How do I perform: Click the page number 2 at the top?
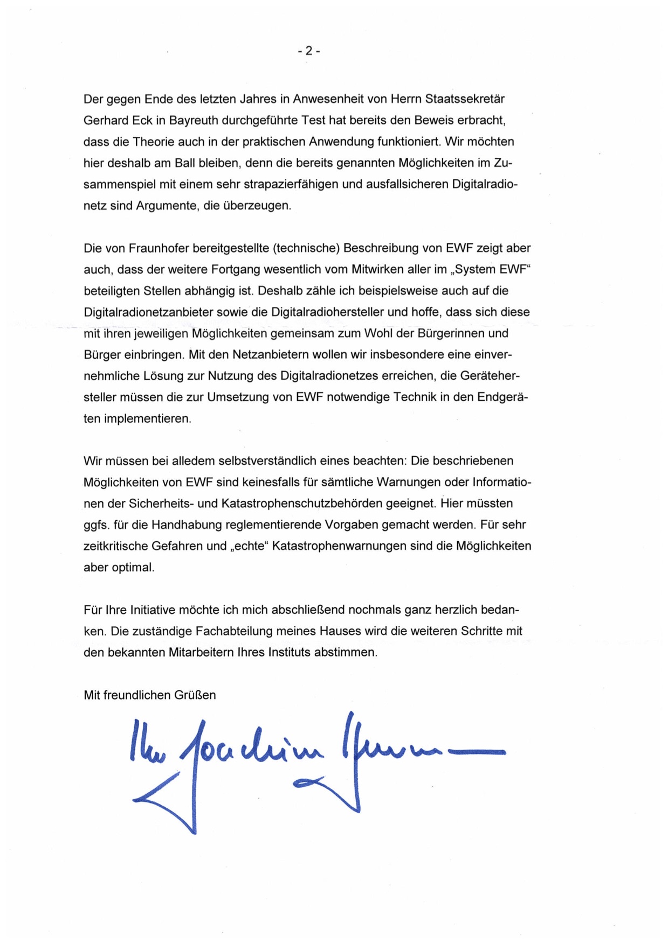tap(309, 51)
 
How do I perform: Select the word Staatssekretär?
tap(465, 99)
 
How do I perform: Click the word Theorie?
tap(154, 142)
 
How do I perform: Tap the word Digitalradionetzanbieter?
tap(148, 312)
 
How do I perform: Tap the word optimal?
tap(133, 568)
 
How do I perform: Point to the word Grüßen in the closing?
tap(195, 695)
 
